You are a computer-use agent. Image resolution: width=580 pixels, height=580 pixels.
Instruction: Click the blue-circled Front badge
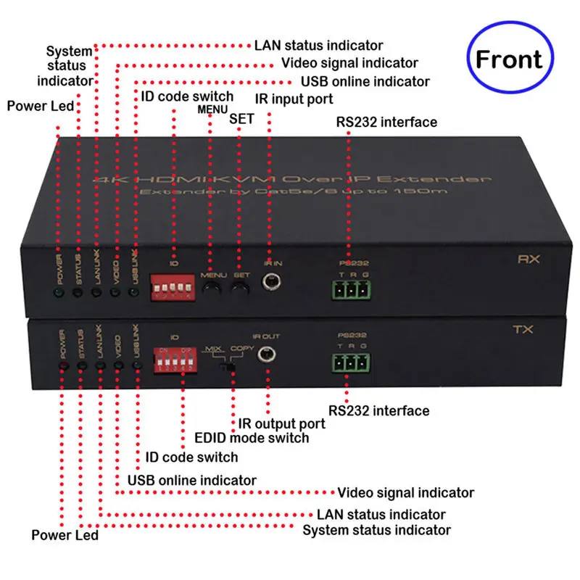[509, 59]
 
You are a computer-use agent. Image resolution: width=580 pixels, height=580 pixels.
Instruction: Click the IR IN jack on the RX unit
[273, 283]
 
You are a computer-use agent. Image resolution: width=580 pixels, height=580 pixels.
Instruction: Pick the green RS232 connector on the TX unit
[349, 362]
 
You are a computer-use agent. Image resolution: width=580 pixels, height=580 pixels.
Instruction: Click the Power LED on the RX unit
[58, 293]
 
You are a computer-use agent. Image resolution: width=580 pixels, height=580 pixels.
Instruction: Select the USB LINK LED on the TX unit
[136, 365]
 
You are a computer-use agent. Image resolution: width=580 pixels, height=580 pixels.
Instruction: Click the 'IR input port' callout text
[293, 98]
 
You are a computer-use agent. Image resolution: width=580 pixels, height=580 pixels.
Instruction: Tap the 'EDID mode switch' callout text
[252, 437]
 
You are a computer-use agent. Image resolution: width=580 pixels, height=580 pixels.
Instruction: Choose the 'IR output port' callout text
[282, 423]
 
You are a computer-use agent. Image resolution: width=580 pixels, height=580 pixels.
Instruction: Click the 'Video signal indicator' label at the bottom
[406, 493]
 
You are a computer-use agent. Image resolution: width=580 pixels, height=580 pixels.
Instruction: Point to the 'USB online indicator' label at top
[365, 81]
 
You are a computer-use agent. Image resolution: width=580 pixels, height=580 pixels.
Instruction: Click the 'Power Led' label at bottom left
[65, 536]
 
